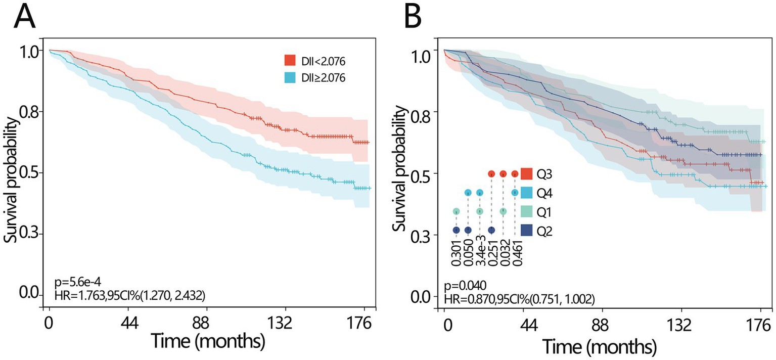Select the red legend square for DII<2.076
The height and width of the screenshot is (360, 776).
pos(289,62)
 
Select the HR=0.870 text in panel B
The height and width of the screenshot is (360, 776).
pos(519,299)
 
